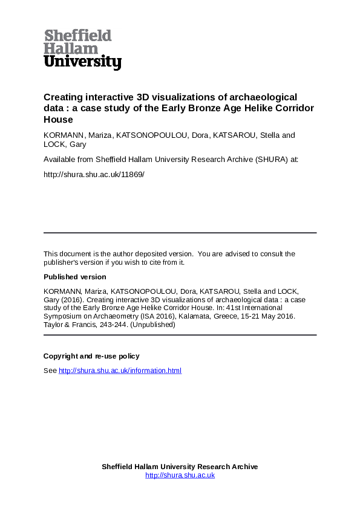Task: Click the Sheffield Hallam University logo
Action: (82, 49)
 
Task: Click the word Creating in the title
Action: (62, 97)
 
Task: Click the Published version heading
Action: (74, 277)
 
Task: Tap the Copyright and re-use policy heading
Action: (91, 356)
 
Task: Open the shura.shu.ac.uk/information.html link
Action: (120, 371)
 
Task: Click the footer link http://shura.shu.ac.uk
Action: (180, 475)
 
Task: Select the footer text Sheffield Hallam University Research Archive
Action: (180, 467)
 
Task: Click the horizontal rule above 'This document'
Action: (180, 233)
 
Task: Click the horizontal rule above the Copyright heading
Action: (180, 335)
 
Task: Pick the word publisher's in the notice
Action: (61, 262)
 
